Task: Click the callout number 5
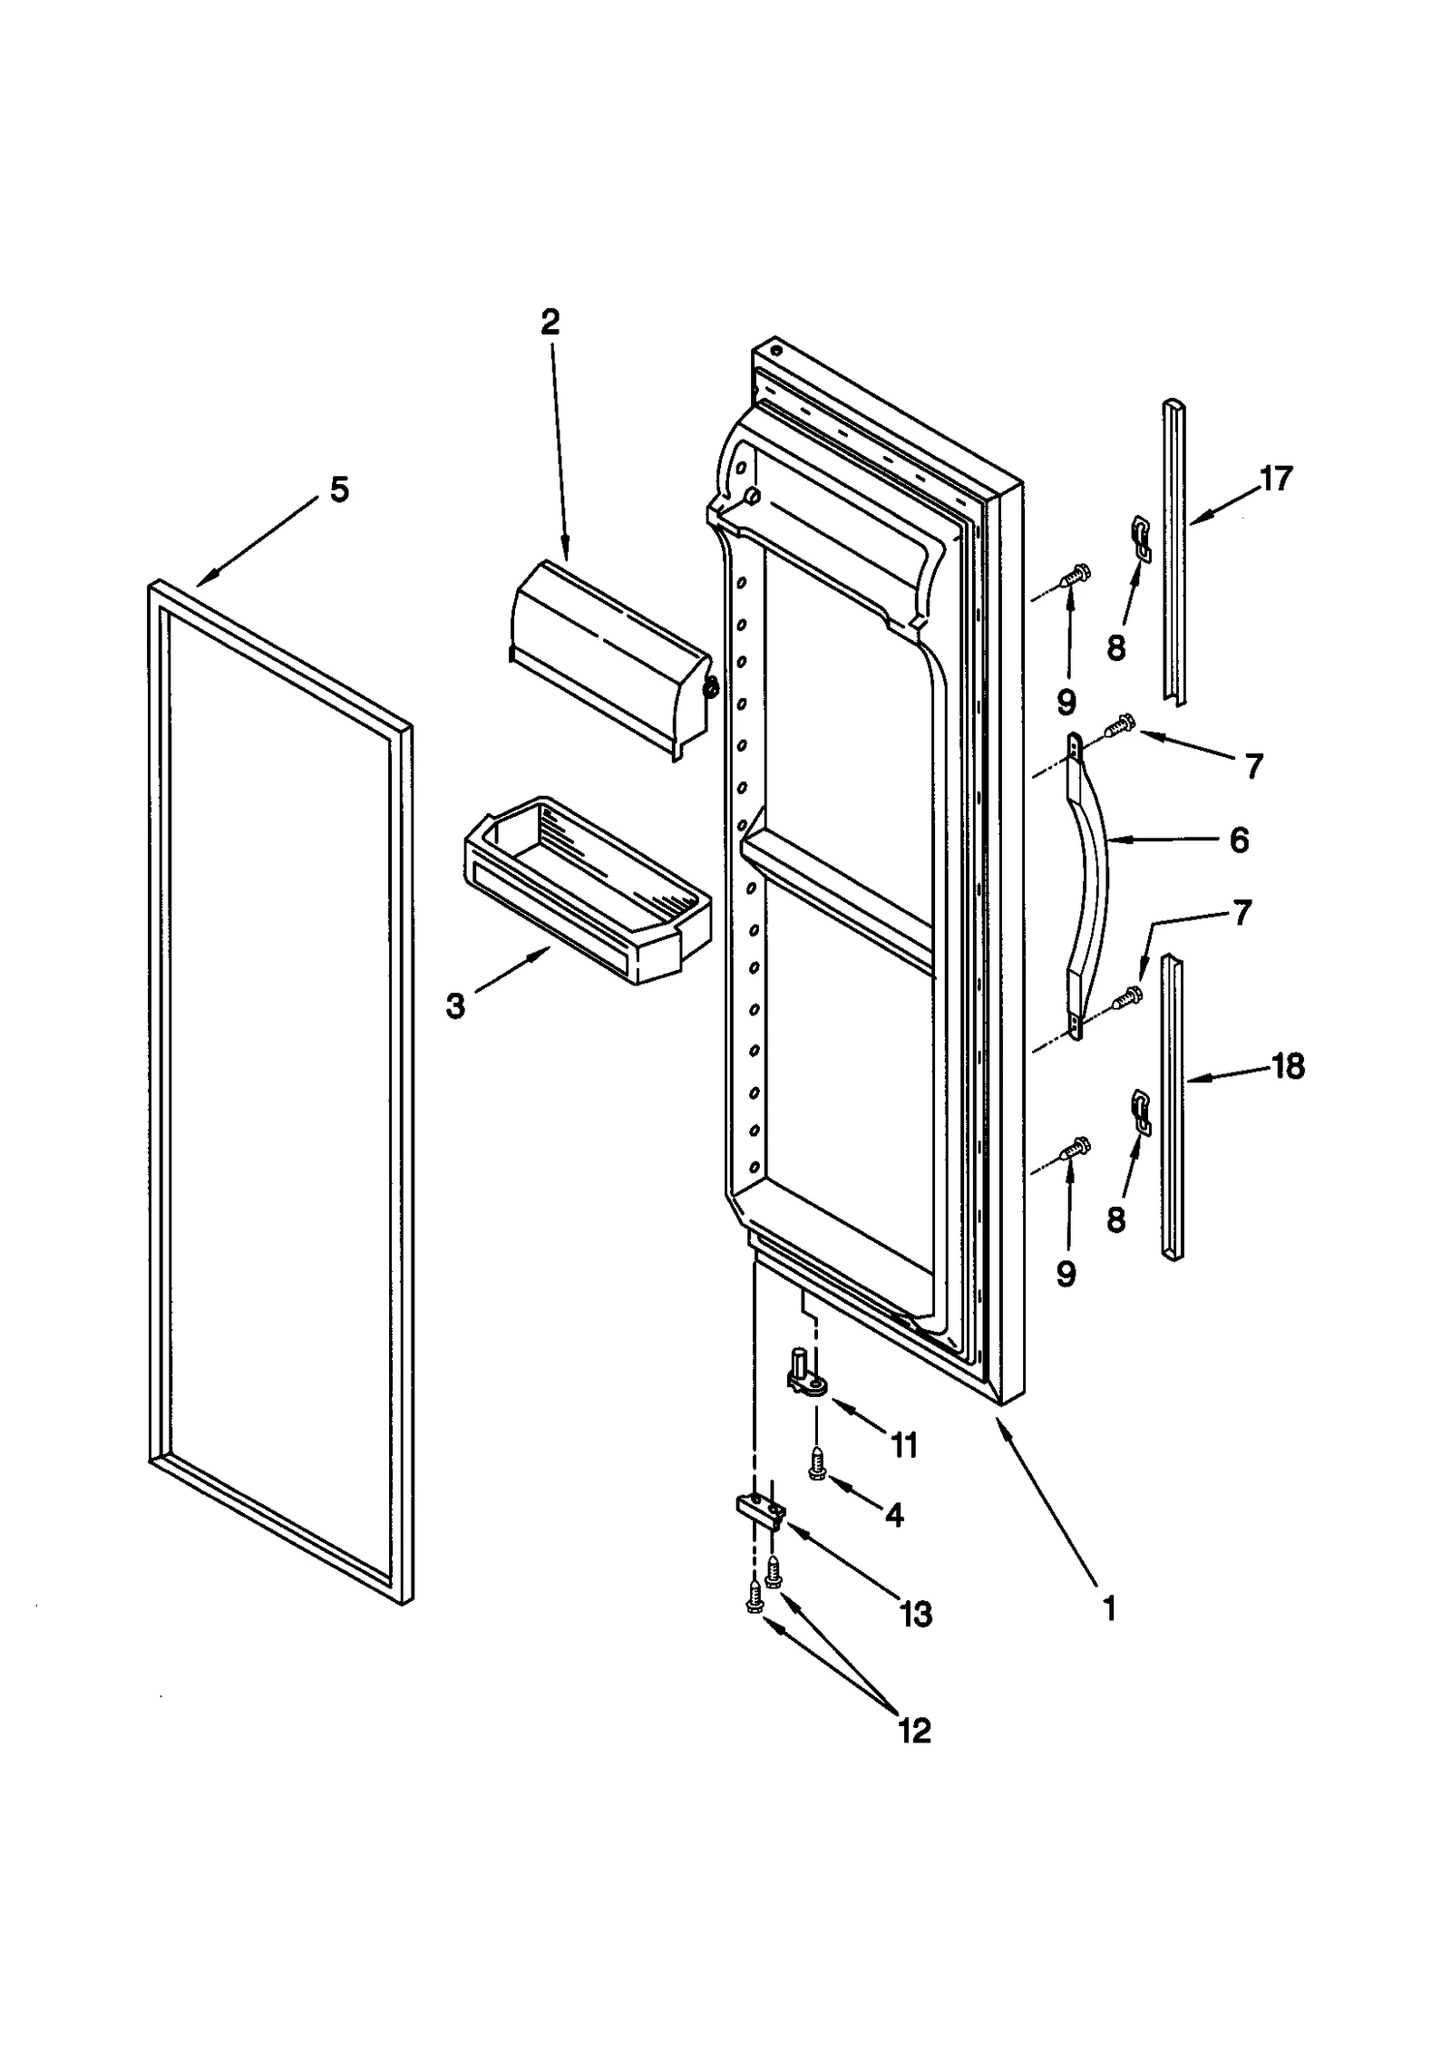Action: tap(338, 490)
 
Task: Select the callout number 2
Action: tap(550, 322)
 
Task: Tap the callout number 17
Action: tap(1275, 478)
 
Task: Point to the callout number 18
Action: tap(1288, 1066)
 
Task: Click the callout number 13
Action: tap(916, 1614)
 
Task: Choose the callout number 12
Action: tap(914, 1731)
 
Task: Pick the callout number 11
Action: tap(904, 1444)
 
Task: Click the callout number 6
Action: tap(1239, 840)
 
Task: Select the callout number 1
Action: tap(1107, 1608)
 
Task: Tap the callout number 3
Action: tap(455, 1005)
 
